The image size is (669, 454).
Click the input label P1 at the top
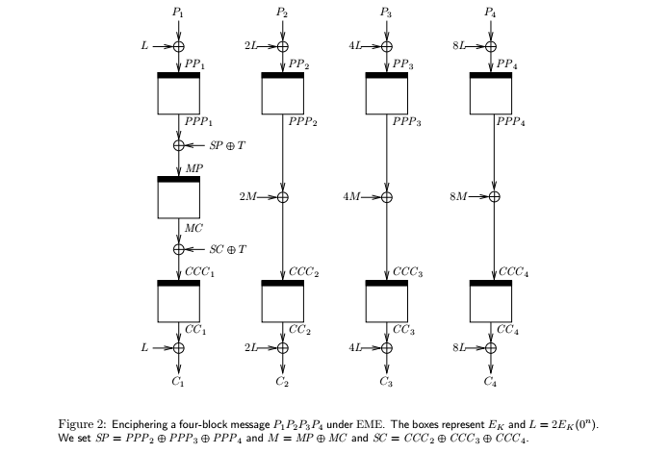(178, 13)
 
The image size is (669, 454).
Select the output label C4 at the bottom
(491, 383)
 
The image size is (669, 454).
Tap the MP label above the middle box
(194, 168)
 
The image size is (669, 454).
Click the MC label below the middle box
(193, 228)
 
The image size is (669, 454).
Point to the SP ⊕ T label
(227, 146)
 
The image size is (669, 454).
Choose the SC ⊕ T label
(228, 249)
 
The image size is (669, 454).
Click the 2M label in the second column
(250, 197)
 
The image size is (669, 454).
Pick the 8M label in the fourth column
(460, 197)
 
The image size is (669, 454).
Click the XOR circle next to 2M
(282, 197)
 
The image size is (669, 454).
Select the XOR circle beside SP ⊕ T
(178, 146)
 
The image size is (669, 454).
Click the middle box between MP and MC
(178, 198)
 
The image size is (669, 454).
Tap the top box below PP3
(387, 93)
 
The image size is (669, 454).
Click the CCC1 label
(200, 272)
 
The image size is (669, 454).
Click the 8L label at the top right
(461, 45)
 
